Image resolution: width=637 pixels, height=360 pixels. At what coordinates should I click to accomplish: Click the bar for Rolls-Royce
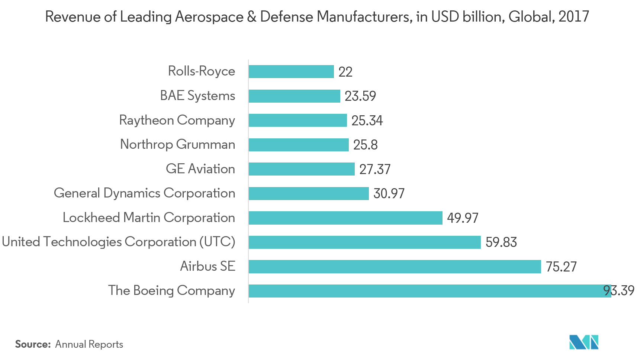[291, 71]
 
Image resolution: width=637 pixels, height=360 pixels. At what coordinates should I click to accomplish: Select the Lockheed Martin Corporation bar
[345, 218]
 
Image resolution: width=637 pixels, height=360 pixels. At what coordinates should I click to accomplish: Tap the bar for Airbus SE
[395, 267]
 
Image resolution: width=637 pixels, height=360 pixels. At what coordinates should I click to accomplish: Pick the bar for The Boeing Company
[430, 291]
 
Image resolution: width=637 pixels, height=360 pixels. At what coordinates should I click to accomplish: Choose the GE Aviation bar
[302, 169]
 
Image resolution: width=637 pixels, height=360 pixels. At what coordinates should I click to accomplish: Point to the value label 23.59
[360, 96]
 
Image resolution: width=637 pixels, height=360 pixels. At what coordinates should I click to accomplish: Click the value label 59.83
[501, 242]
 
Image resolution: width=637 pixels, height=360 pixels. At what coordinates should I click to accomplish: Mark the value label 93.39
[619, 290]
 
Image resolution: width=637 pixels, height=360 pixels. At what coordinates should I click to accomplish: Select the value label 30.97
[389, 193]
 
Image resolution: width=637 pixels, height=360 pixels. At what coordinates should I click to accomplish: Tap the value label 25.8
[365, 145]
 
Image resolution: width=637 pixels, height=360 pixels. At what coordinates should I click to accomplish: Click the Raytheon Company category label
[177, 120]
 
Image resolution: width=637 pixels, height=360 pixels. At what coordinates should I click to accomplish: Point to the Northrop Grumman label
[177, 144]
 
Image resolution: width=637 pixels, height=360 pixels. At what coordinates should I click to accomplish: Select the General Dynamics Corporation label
[144, 193]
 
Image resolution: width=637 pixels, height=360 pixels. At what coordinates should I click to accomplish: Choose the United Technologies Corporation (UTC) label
[119, 242]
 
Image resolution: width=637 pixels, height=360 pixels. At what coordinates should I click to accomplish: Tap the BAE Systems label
[197, 96]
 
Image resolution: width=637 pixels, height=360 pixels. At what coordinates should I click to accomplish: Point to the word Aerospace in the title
[209, 17]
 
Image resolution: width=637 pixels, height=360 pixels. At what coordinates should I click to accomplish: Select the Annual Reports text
[89, 344]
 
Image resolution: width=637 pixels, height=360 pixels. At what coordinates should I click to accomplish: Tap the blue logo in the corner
[584, 342]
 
